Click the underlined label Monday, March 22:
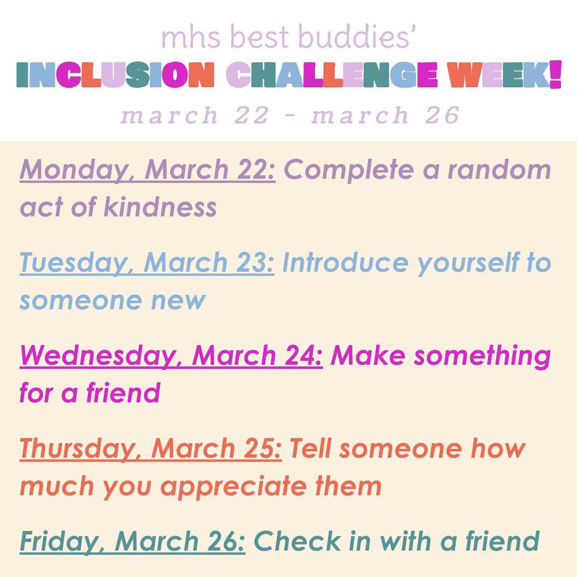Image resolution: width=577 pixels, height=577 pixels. [148, 170]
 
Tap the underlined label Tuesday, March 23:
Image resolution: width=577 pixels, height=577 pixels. [147, 264]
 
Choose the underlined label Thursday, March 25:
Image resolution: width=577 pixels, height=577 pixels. [151, 449]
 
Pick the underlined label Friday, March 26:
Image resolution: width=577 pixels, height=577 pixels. [133, 542]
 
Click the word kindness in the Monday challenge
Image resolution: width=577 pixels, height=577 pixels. [160, 207]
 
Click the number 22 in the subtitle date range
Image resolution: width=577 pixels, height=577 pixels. [252, 115]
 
